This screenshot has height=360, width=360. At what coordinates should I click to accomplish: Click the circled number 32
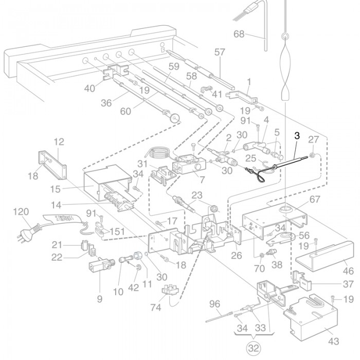point(254,348)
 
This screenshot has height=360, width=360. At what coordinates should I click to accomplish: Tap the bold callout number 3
point(297,136)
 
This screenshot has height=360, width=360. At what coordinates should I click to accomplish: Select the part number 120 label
point(21,212)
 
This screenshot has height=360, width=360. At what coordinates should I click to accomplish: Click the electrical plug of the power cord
point(29,231)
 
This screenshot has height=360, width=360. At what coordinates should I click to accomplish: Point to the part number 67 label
point(315,200)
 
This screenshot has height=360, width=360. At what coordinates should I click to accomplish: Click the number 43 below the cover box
point(334,341)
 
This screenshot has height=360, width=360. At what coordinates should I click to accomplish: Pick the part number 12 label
point(59,142)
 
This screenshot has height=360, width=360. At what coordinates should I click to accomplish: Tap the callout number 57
point(220,52)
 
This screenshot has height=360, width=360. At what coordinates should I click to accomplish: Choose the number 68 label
point(239,34)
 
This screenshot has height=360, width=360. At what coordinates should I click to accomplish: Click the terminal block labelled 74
point(170,289)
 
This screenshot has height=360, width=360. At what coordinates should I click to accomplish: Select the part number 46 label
point(348,271)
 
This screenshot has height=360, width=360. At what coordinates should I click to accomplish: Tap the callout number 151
point(117,231)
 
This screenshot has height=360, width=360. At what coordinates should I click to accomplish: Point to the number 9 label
point(99,299)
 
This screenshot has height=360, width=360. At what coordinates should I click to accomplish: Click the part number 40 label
point(89,88)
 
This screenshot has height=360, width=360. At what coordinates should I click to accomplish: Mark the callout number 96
point(214,304)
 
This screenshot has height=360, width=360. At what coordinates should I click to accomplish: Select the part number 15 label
point(56,189)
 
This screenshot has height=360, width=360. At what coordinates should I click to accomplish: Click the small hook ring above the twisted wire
point(285,37)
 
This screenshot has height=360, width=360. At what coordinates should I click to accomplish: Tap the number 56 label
point(304,235)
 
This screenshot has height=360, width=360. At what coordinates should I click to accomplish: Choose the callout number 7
point(202,180)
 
